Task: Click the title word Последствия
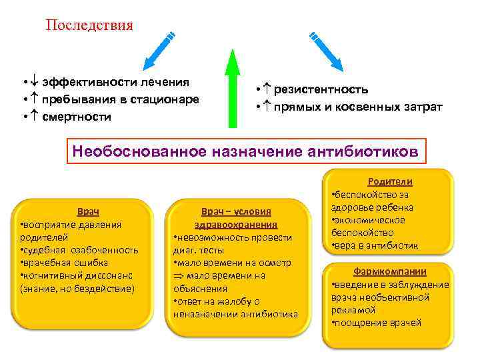tap(89, 25)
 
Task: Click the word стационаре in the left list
tap(167, 99)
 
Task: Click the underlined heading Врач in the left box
tap(89, 211)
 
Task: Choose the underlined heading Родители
tap(390, 181)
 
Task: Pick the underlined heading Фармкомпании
tap(390, 272)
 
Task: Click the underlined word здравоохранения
tap(236, 225)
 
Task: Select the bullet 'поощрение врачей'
tap(378, 323)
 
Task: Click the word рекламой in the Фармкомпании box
tap(351, 311)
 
